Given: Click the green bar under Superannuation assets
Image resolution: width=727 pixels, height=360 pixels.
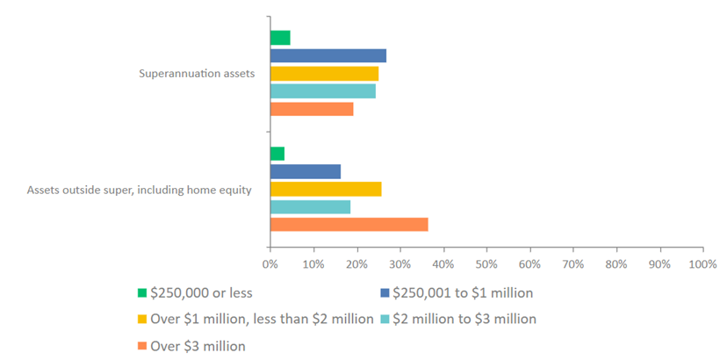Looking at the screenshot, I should coord(280,38).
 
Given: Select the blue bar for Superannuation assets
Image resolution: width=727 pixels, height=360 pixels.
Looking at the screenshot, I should coord(328,56).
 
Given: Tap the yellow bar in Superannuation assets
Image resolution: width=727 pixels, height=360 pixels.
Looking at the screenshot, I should coord(324,74).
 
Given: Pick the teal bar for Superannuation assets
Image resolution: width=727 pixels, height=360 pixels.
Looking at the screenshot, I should coord(322,91).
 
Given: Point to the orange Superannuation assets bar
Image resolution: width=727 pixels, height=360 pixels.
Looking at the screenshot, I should coord(312,109).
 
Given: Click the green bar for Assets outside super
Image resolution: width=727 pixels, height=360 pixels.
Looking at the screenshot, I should coord(277,154).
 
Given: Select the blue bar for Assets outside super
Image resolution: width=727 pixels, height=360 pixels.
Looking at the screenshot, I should coord(305,171).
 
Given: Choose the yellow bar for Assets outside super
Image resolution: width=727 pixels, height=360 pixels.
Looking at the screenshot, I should coord(326,189).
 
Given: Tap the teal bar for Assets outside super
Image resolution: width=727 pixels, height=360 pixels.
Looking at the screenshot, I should coord(310,206).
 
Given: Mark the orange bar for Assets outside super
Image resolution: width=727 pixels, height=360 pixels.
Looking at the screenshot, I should coord(349,224).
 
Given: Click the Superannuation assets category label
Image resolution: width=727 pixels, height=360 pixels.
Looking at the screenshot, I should coord(197,74).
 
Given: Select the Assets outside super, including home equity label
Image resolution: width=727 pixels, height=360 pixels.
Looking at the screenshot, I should coord(140,189).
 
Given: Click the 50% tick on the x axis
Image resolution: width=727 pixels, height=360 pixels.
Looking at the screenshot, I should coord(486,263).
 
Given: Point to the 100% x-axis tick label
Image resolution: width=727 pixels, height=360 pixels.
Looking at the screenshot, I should coord(702,263).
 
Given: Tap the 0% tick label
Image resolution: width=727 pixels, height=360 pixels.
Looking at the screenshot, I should coord(270,263).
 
